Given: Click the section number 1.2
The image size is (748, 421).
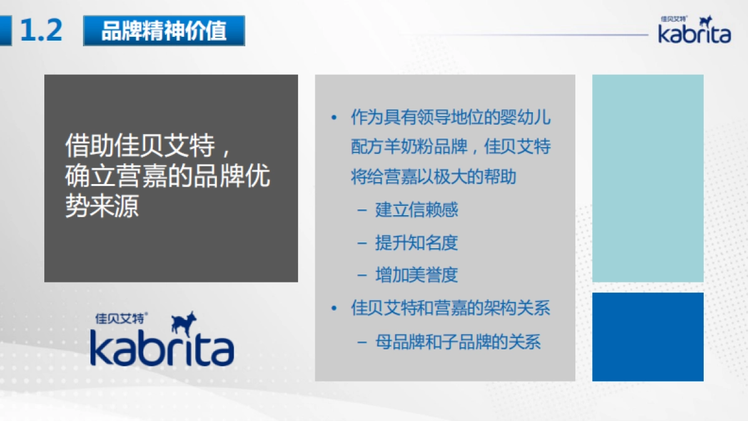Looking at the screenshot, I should pyautogui.click(x=41, y=30).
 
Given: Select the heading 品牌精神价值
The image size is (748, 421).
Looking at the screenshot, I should pyautogui.click(x=164, y=31).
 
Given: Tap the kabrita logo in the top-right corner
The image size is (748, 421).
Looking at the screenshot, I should pyautogui.click(x=694, y=30).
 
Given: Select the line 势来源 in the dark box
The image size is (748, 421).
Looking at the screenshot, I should pyautogui.click(x=102, y=206).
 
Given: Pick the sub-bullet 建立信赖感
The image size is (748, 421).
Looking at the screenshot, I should pyautogui.click(x=416, y=210).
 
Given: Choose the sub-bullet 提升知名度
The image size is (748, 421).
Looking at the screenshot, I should pyautogui.click(x=416, y=243).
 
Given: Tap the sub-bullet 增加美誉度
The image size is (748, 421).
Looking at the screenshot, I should pyautogui.click(x=416, y=275).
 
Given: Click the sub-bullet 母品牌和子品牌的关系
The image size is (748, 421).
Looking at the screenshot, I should pyautogui.click(x=458, y=342).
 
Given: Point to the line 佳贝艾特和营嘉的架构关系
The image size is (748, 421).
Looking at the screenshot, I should pyautogui.click(x=451, y=309).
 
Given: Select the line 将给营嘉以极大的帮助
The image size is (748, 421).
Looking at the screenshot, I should pyautogui.click(x=434, y=177).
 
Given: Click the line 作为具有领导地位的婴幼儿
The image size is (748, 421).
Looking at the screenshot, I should pyautogui.click(x=451, y=117).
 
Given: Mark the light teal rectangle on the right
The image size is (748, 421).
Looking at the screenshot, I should pyautogui.click(x=648, y=178).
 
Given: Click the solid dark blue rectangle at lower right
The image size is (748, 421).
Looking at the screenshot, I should pyautogui.click(x=648, y=337).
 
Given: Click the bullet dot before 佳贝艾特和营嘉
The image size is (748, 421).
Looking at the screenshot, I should pyautogui.click(x=335, y=309).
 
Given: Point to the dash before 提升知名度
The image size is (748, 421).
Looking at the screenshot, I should pyautogui.click(x=362, y=243).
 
